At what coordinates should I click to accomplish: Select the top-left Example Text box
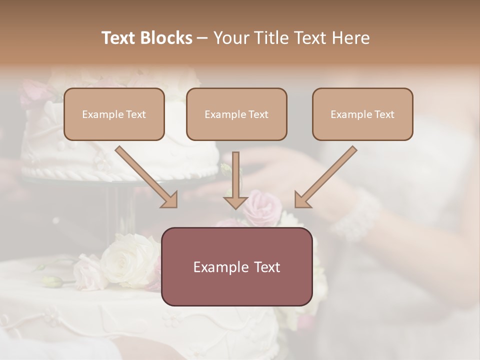[114, 114]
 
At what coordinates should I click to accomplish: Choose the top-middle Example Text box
[236, 114]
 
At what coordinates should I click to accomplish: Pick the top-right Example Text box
[362, 114]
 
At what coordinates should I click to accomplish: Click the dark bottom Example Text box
[236, 266]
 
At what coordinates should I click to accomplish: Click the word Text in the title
[119, 38]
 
